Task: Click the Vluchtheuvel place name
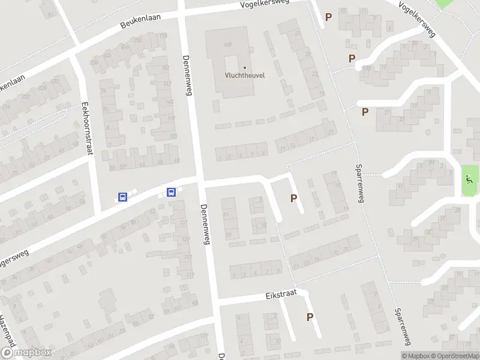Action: pos(245,76)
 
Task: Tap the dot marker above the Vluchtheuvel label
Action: pos(245,67)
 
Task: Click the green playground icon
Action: pos(469,178)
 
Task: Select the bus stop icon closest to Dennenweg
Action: pos(171,193)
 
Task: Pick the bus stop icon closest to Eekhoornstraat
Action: pos(122,197)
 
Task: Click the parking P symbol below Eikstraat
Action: pos(310,317)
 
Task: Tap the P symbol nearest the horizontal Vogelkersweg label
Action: pos(328,17)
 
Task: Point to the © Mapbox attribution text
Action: pos(416,356)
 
